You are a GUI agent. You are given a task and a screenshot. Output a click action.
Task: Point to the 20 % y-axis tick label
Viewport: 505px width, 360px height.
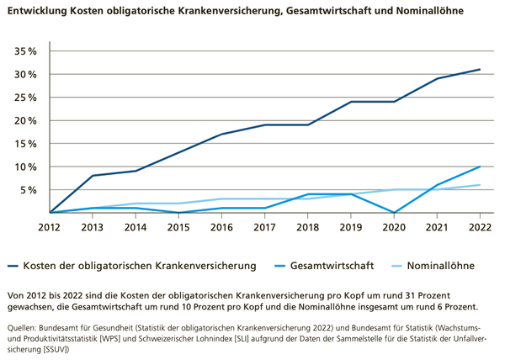point(25,120)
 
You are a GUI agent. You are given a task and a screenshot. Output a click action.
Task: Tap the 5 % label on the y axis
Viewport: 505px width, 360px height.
point(29,190)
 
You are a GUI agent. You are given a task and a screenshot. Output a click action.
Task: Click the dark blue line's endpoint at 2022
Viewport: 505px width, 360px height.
point(480,69)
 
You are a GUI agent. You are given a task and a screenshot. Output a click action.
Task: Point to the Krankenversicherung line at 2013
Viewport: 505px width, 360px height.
point(93,176)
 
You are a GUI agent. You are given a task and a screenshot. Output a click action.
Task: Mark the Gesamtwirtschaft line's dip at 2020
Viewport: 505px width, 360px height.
point(394,213)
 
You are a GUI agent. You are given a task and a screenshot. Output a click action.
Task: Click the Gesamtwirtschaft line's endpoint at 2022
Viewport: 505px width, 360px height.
point(480,167)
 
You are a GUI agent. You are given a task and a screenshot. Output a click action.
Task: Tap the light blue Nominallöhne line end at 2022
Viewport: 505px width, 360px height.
point(480,185)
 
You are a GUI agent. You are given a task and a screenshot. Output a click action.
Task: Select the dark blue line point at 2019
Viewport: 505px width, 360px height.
point(351,102)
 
